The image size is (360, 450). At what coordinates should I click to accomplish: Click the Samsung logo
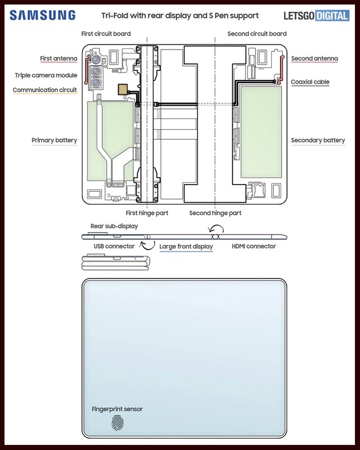43,15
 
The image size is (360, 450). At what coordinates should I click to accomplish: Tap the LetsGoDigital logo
316,16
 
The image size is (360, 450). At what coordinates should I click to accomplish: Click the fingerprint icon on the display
118,422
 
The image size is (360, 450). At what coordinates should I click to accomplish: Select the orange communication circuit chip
123,89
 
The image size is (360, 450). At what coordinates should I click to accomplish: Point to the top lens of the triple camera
96,60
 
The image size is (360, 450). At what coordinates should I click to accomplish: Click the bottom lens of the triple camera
96,83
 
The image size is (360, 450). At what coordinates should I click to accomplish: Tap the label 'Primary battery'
54,140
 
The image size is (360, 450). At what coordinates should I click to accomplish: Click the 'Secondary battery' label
318,140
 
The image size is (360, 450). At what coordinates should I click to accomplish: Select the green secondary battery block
261,132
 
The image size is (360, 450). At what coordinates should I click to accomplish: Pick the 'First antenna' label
58,58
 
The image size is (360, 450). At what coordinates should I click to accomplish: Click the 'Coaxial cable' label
310,82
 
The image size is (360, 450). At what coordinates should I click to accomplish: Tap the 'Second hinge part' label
215,213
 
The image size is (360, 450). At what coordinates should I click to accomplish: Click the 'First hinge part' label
147,213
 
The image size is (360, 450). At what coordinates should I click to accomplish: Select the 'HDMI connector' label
254,246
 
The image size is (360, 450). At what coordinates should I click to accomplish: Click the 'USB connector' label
114,246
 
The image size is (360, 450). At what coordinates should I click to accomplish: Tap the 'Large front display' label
186,246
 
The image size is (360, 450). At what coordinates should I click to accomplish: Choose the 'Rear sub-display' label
114,226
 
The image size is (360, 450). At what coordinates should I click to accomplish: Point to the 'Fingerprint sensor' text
117,409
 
